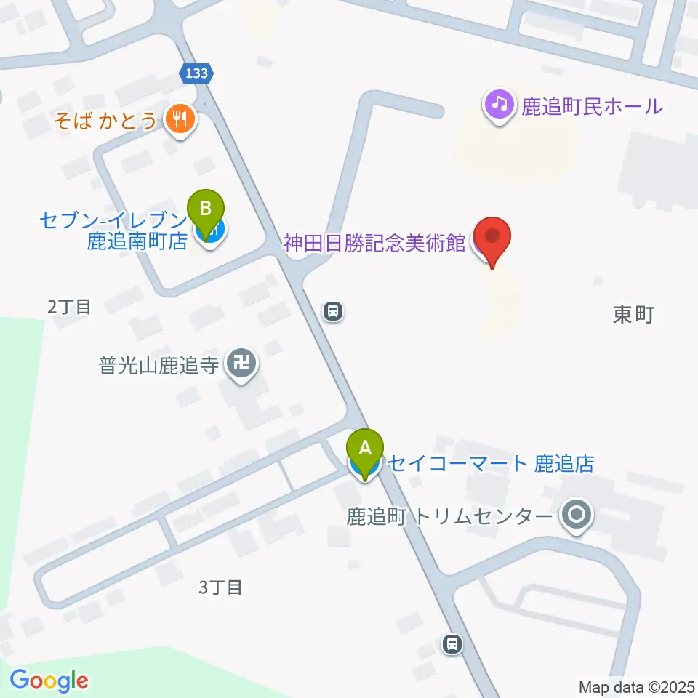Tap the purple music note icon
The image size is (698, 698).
point(499,105)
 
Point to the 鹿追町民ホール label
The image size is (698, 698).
point(592,106)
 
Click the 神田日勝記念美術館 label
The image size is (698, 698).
point(374,244)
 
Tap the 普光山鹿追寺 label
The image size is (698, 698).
point(159,365)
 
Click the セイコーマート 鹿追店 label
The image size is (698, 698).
point(492,462)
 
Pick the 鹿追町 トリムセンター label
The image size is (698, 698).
point(449,517)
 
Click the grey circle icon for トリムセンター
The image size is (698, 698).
point(578,516)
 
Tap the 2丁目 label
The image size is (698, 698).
point(69,307)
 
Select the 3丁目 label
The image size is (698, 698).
point(220,587)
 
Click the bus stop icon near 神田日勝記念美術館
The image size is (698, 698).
point(333,312)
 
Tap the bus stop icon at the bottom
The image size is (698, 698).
point(452,643)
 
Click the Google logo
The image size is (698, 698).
point(49,681)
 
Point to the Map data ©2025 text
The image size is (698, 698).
point(637,686)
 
